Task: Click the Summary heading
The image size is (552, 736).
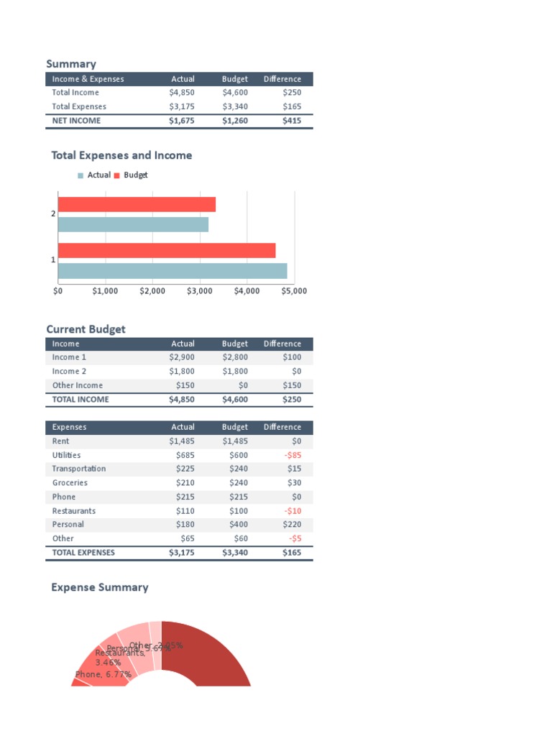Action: click(x=71, y=64)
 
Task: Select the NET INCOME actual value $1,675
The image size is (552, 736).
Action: click(x=181, y=121)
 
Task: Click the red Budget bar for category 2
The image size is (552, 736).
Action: click(x=137, y=205)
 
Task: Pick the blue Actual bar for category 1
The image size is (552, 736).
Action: click(x=172, y=271)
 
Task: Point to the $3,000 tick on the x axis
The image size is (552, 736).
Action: click(x=199, y=291)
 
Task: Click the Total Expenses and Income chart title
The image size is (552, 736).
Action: click(x=121, y=155)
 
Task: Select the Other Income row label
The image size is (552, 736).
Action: click(x=78, y=385)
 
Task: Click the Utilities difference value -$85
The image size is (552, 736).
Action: click(x=291, y=455)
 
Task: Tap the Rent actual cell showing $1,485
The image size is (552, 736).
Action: click(x=181, y=441)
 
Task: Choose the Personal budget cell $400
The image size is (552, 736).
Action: click(x=238, y=525)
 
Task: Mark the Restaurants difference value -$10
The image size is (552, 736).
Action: click(x=291, y=511)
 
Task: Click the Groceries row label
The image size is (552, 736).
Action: click(x=70, y=483)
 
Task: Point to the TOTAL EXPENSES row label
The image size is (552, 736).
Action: click(x=83, y=553)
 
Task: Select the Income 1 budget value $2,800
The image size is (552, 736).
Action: click(x=235, y=357)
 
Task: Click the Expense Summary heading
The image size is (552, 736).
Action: click(x=100, y=587)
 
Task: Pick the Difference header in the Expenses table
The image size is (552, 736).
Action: click(x=282, y=427)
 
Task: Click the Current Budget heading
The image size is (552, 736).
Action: click(x=86, y=329)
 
